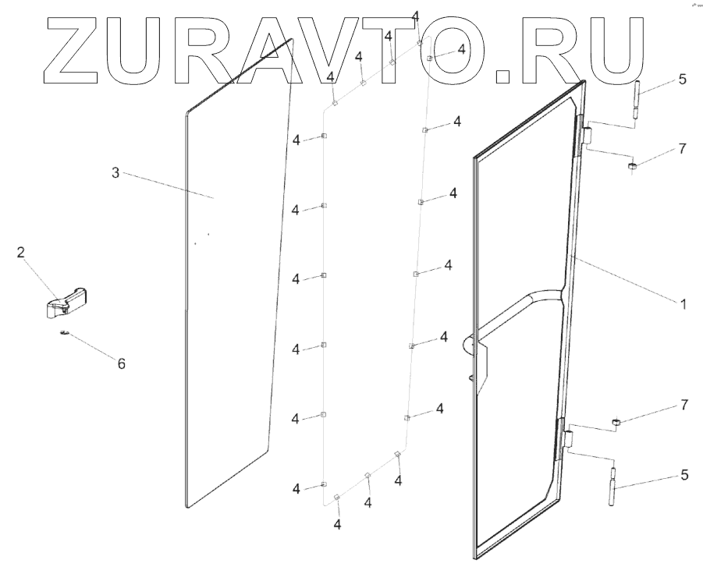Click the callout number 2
(21, 252)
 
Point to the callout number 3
(115, 172)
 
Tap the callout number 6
(121, 363)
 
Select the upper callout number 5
(683, 79)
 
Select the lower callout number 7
(684, 405)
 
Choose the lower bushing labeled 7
(616, 423)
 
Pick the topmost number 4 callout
(415, 16)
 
